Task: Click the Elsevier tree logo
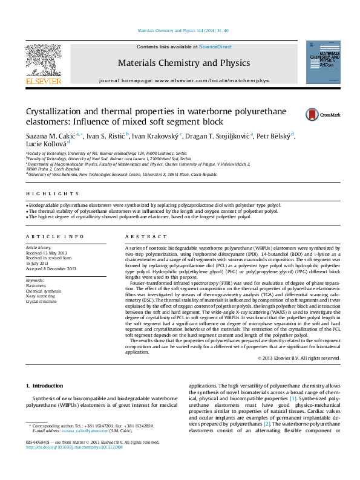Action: (x=43, y=60)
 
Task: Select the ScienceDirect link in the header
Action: (x=215, y=47)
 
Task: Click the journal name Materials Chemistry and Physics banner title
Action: (x=183, y=63)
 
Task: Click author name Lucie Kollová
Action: (x=45, y=144)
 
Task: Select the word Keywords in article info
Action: (x=35, y=281)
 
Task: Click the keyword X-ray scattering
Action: (x=41, y=296)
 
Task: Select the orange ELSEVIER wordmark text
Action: (x=43, y=81)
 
